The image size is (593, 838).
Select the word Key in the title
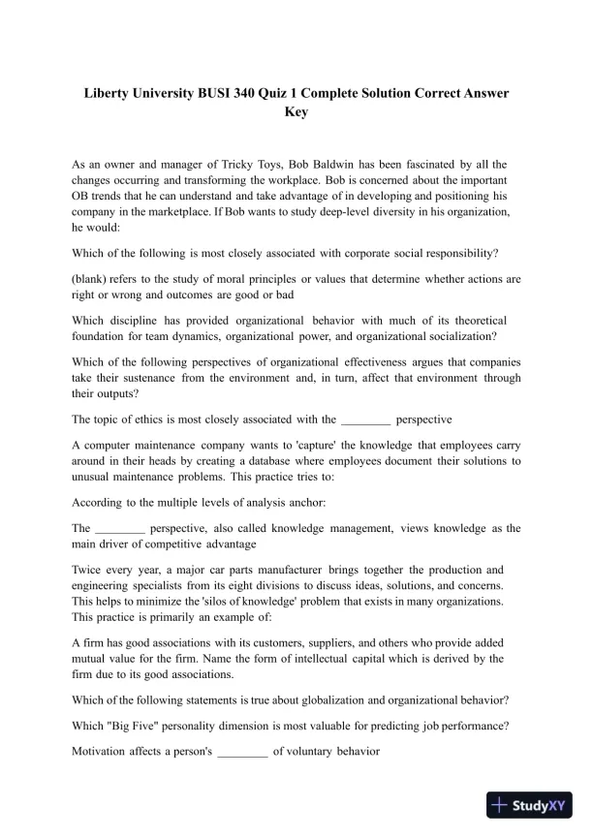296,111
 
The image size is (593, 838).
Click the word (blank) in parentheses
92,279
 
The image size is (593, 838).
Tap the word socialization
451,336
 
